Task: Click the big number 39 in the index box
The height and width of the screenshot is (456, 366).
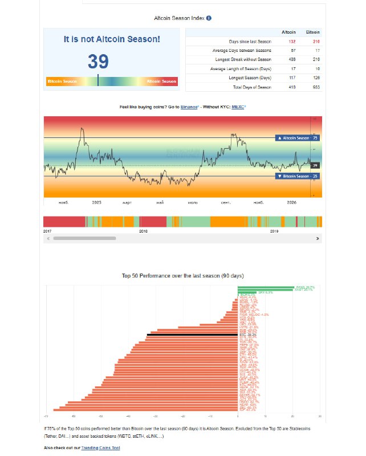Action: tap(99, 62)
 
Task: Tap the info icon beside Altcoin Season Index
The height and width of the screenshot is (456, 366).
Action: tap(209, 19)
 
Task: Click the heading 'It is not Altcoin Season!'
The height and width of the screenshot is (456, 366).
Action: tap(112, 39)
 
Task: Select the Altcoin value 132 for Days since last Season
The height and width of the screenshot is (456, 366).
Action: tap(292, 42)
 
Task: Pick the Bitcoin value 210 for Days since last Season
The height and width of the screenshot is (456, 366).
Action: tap(316, 42)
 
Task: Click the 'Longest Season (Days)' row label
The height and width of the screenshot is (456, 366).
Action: tap(250, 78)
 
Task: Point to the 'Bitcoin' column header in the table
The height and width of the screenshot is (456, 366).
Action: tap(313, 32)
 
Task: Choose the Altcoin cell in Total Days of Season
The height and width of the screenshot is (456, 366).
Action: tap(292, 87)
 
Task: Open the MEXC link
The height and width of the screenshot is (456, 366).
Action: tap(238, 107)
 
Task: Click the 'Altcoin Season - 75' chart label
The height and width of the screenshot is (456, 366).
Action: tap(296, 138)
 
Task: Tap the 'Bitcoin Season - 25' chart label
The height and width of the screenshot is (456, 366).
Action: tap(296, 176)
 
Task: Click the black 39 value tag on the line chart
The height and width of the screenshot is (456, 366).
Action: tap(315, 165)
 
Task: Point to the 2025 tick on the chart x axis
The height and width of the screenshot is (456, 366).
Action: tap(96, 202)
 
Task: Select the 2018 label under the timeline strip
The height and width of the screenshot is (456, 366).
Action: tap(143, 231)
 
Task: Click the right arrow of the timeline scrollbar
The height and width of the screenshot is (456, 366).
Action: tap(318, 239)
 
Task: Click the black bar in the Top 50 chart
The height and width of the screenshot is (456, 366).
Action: tap(192, 335)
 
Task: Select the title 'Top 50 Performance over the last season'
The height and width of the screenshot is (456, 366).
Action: tap(182, 275)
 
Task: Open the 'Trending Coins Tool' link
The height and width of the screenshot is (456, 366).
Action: tap(101, 448)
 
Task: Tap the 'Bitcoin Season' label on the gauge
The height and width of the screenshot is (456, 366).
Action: tap(62, 82)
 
